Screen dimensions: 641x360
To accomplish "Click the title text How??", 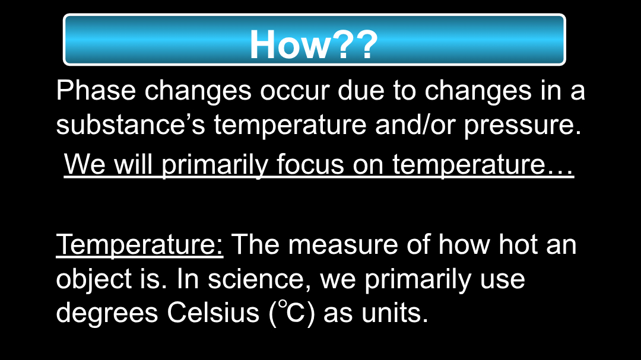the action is (313, 44).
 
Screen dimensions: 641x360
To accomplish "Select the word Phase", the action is (96, 90).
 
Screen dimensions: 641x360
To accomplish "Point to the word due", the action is (361, 90).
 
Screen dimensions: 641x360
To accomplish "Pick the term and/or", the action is (415, 125).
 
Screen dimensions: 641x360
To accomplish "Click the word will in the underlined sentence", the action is (133, 164).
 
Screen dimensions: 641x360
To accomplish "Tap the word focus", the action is (310, 164).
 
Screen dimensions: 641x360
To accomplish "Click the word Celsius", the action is (213, 313).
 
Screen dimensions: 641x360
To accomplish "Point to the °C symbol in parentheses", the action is (292, 312).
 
